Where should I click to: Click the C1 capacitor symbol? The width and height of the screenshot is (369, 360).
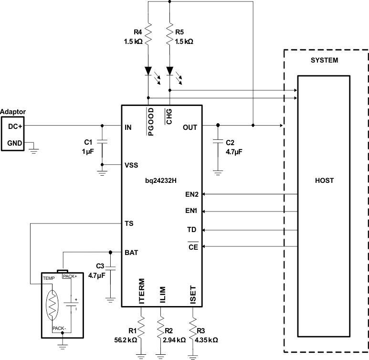pos(102,142)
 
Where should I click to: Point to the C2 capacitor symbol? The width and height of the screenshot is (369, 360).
pos(218,142)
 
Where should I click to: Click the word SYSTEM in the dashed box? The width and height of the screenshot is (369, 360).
pos(324,61)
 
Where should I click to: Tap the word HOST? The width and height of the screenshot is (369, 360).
pos(324,181)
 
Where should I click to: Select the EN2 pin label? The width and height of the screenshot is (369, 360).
pos(192,194)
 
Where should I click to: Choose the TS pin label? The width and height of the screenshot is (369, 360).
pos(128,223)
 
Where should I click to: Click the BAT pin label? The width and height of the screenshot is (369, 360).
pos(131,253)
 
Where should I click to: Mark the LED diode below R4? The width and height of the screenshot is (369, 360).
pos(149,71)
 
